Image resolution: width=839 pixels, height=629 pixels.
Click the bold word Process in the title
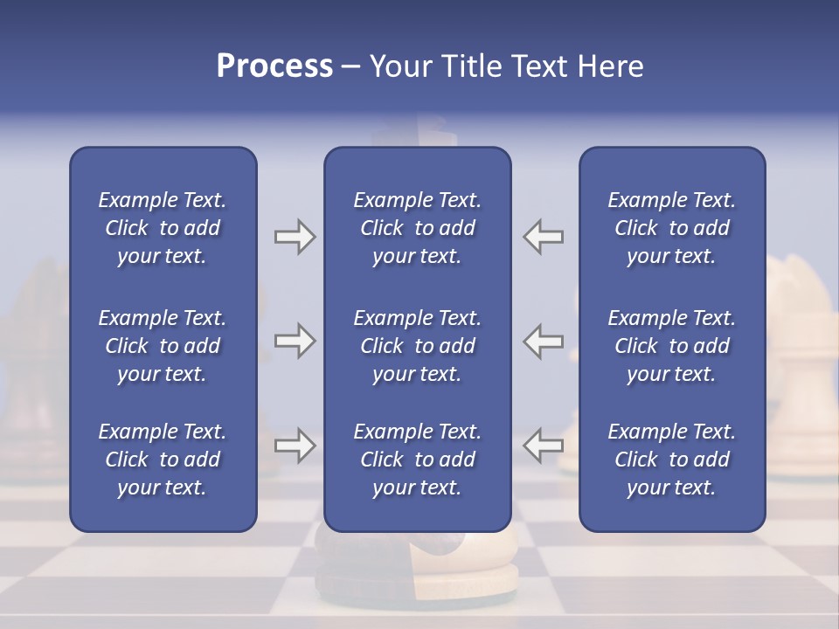pyautogui.click(x=274, y=66)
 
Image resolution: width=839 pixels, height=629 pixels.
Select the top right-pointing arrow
pyautogui.click(x=295, y=237)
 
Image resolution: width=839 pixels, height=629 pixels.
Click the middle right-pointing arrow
pyautogui.click(x=295, y=341)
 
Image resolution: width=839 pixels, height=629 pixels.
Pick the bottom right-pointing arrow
pyautogui.click(x=295, y=446)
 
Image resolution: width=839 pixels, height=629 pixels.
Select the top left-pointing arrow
pyautogui.click(x=544, y=237)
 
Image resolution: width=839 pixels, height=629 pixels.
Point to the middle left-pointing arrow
pyautogui.click(x=544, y=341)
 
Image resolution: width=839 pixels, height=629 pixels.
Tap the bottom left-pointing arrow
pyautogui.click(x=544, y=446)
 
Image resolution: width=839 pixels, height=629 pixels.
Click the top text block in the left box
pyautogui.click(x=163, y=228)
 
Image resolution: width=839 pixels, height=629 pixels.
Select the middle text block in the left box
pyautogui.click(x=163, y=346)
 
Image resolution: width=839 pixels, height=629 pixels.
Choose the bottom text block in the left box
pyautogui.click(x=163, y=460)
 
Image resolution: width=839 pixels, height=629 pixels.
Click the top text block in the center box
pyautogui.click(x=417, y=228)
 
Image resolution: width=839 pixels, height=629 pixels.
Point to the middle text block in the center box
pyautogui.click(x=417, y=346)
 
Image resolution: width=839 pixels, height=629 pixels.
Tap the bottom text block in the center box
pyautogui.click(x=417, y=460)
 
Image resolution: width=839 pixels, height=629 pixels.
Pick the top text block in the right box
pyautogui.click(x=671, y=228)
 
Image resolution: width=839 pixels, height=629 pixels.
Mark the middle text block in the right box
pyautogui.click(x=671, y=346)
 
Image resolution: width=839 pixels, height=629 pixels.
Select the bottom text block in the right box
pyautogui.click(x=671, y=460)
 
